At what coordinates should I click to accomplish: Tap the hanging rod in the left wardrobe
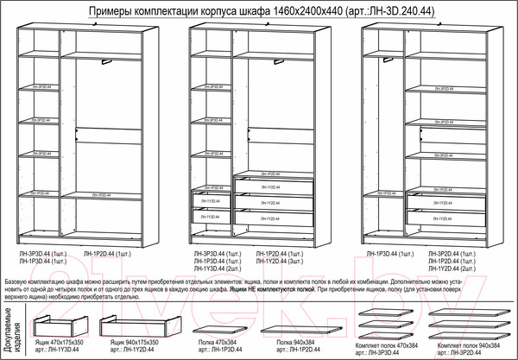(x=107, y=61)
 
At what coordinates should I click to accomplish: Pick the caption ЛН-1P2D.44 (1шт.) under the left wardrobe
(x=107, y=253)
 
